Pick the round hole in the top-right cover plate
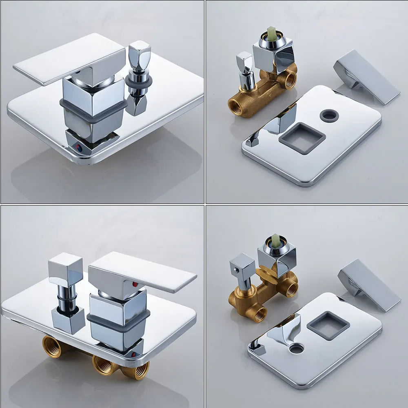click(x=329, y=115)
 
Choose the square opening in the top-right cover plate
click(x=302, y=137)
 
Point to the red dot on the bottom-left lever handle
click(x=134, y=283)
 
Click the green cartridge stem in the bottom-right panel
click(x=276, y=240)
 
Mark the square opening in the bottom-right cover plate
click(x=328, y=325)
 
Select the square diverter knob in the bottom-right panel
click(x=242, y=265)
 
